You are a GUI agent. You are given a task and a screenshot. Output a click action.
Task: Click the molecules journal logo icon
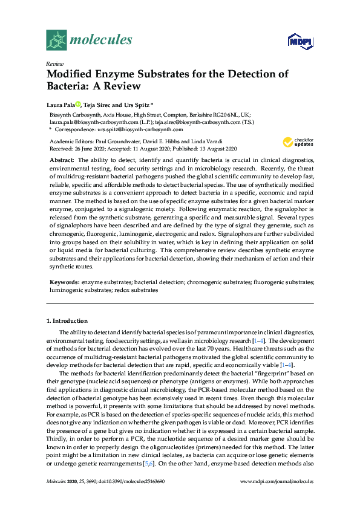tap(56, 41)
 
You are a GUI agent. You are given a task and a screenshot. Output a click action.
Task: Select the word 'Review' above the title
tap(55, 63)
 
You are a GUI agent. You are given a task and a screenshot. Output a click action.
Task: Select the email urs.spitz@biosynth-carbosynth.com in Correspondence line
tap(140, 129)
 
